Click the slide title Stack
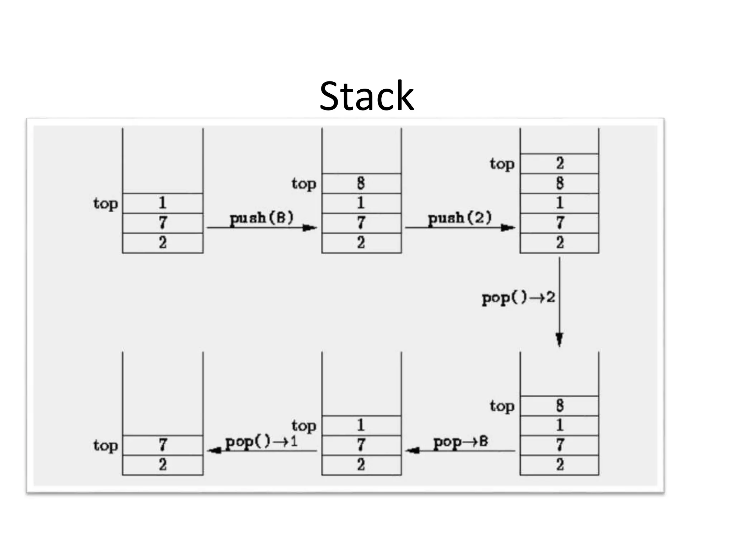[366, 96]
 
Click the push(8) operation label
[261, 218]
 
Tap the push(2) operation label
[460, 218]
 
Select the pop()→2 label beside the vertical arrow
[518, 297]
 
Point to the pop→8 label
[461, 442]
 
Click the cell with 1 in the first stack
[163, 203]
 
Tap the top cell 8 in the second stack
[361, 183]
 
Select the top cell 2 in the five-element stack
[559, 164]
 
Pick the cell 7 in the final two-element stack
[163, 445]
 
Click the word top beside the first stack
[106, 203]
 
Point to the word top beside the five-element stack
[502, 164]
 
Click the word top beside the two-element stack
[106, 446]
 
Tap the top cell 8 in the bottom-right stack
[559, 406]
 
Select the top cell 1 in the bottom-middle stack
[361, 425]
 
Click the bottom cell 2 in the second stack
[361, 243]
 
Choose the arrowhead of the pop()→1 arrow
[214, 450]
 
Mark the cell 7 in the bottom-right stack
[559, 445]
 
